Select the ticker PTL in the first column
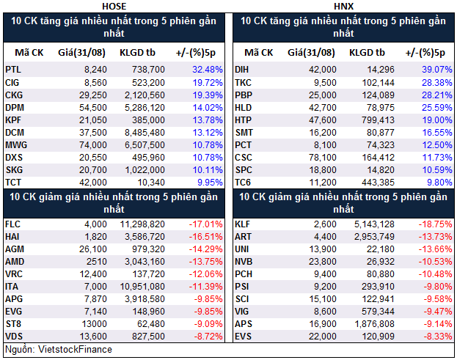[x=12, y=69]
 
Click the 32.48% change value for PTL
[x=207, y=69]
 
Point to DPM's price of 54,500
[x=94, y=106]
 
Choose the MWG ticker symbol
[x=15, y=144]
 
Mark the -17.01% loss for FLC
[x=205, y=224]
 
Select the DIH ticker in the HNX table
[x=242, y=69]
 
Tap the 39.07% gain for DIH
[x=433, y=69]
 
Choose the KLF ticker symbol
[x=243, y=224]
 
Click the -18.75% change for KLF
[x=431, y=224]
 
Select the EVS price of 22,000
[x=322, y=337]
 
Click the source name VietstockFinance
[x=76, y=350]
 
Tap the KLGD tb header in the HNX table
[x=367, y=52]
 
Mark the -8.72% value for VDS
[x=207, y=337]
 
